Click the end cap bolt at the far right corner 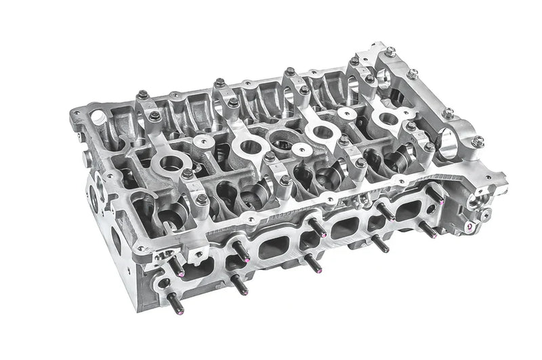pos(478,141)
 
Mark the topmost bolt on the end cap pos(390,51)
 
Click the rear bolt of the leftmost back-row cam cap pos(144,96)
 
